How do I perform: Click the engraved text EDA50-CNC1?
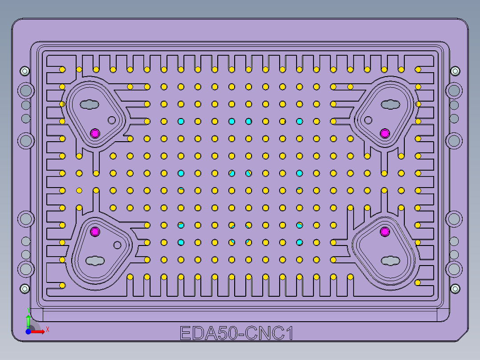point(236,333)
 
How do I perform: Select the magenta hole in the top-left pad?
point(95,133)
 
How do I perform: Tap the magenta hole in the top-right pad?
point(385,133)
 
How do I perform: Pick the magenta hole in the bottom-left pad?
point(95,231)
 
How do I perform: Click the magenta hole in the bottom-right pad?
point(385,231)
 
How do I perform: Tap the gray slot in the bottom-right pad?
point(390,260)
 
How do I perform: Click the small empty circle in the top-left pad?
point(112,120)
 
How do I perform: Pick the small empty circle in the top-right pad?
point(368,120)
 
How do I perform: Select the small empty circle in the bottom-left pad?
point(118,245)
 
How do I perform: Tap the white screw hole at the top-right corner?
point(455,71)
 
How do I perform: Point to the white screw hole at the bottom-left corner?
point(24,289)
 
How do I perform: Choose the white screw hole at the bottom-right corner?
point(455,289)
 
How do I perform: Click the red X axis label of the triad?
point(47,330)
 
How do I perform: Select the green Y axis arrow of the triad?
point(28,320)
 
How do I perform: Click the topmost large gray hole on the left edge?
point(26,91)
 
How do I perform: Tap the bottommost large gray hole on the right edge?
point(454,269)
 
